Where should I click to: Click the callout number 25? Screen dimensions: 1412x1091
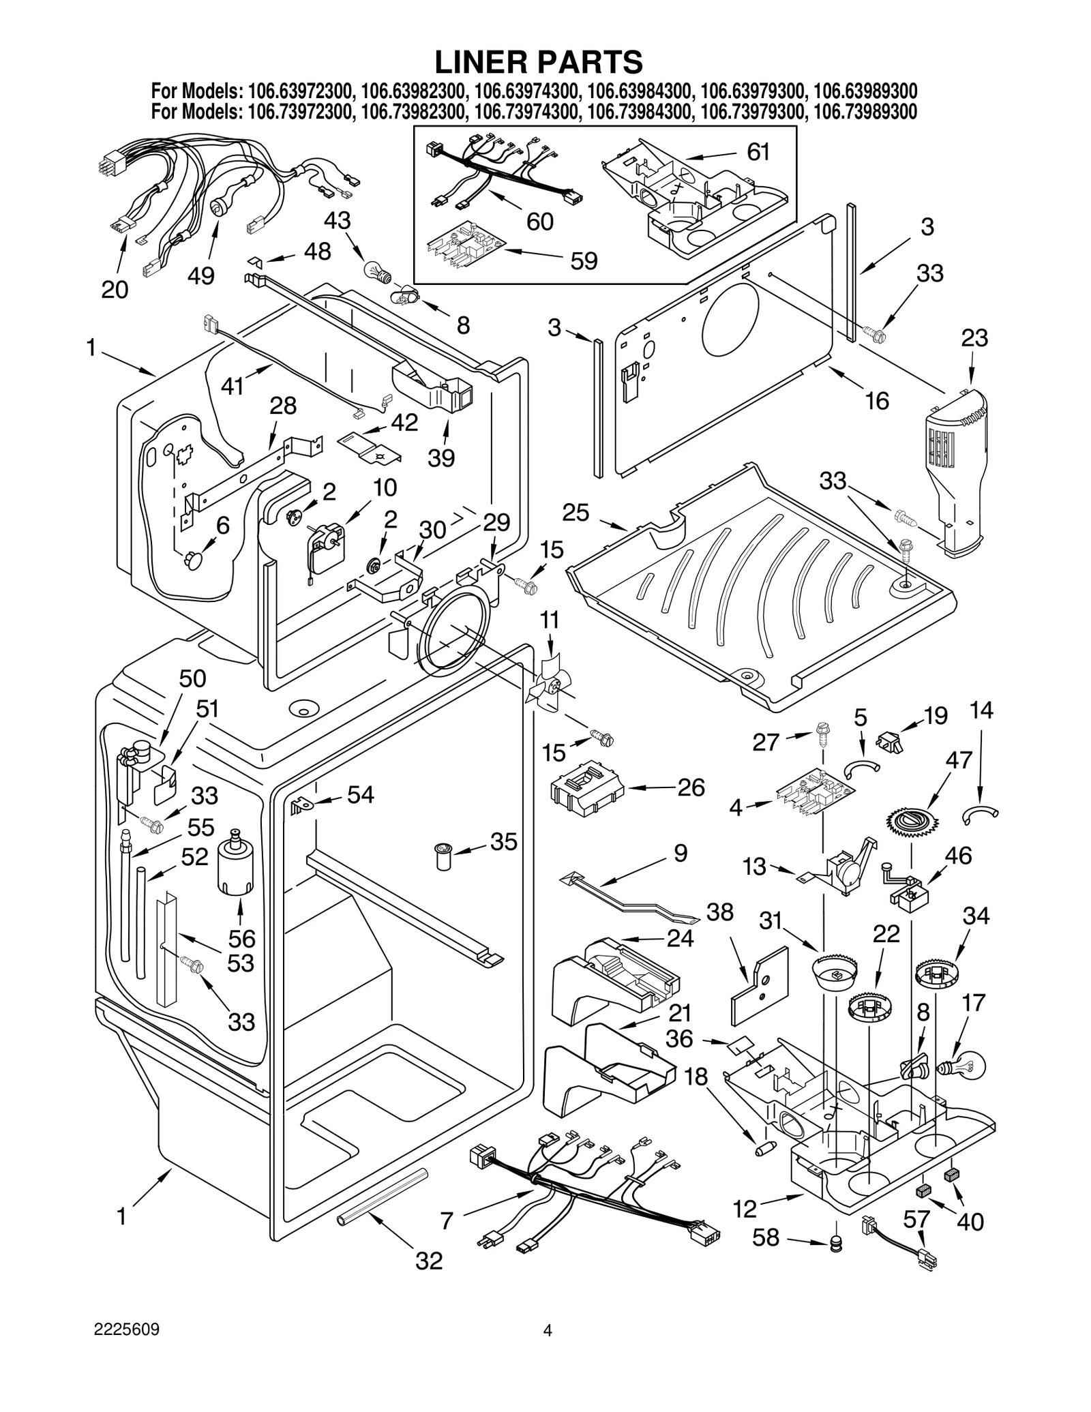[x=576, y=512]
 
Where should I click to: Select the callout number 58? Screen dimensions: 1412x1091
[x=765, y=1237]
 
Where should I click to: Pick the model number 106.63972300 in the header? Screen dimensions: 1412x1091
[x=301, y=91]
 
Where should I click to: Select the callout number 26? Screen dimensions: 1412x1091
[x=691, y=787]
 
